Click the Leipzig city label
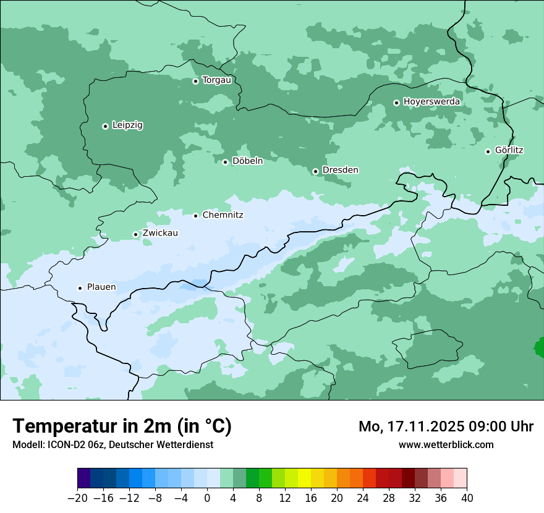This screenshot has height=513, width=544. coord(127,125)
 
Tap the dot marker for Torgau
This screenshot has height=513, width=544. coord(195,81)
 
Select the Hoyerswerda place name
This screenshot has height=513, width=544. coord(431,102)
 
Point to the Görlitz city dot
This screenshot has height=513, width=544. coord(488,151)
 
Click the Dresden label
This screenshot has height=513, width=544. coord(340,170)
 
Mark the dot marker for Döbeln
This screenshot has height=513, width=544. coord(225,162)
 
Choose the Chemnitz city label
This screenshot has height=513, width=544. coord(223,215)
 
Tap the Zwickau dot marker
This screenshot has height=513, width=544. coord(135,234)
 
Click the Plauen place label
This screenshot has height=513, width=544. coord(101,287)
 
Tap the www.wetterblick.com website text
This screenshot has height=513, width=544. coord(446,444)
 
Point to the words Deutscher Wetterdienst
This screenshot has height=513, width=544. coord(162,444)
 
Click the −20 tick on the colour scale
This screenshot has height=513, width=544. coord(77,498)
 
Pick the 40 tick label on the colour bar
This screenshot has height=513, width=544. coord(467,498)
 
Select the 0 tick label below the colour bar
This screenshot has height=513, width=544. coord(207,498)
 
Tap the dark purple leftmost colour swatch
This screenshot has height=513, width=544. coord(83,478)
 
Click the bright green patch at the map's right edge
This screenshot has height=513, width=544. coord(540,347)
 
